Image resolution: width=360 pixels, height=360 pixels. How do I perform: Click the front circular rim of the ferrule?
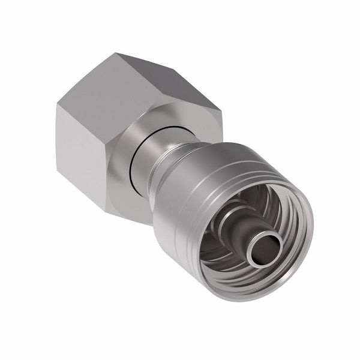pyautogui.click(x=300, y=240)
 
